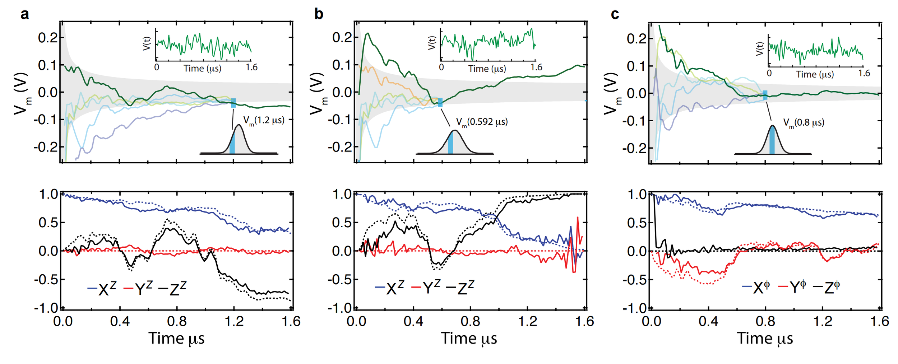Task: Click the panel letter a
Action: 24,14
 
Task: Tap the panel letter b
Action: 319,14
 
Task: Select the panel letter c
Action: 615,14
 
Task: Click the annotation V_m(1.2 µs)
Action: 264,121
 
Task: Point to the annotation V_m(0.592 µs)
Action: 482,122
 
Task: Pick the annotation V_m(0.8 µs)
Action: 804,123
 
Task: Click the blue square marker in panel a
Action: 233,103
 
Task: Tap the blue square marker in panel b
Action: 440,102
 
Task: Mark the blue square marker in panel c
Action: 765,95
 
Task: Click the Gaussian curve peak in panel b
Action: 455,131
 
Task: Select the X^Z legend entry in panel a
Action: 102,288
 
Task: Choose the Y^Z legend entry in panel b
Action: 426,288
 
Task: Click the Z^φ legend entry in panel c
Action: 827,287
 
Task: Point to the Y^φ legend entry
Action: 792,287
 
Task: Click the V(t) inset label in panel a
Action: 147,43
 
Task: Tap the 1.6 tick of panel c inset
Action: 864,74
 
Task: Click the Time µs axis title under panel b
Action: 469,339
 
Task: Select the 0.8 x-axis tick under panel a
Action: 177,321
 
